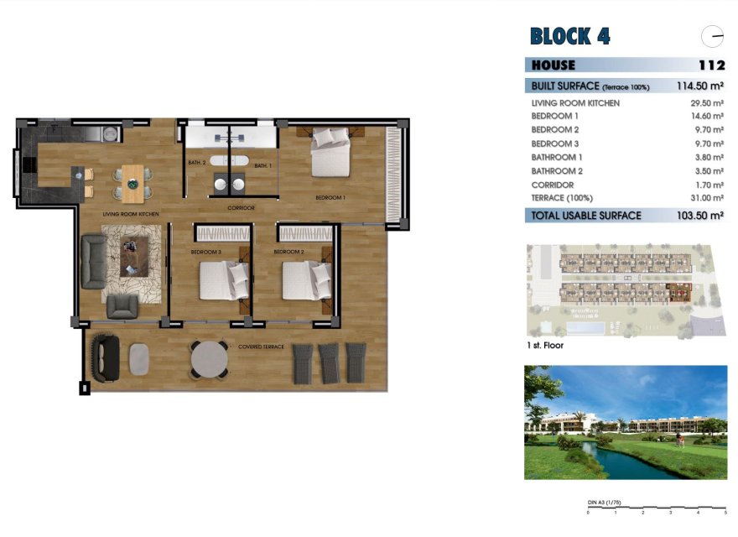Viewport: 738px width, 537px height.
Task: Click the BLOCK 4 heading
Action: pyautogui.click(x=569, y=36)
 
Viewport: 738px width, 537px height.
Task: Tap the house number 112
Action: pyautogui.click(x=710, y=65)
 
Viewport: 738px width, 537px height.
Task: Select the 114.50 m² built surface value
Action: pyautogui.click(x=699, y=86)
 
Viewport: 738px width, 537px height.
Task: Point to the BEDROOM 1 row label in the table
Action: pyautogui.click(x=555, y=116)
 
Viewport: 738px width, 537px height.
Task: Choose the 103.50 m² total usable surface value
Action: pyautogui.click(x=699, y=216)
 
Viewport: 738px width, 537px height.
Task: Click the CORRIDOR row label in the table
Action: pyautogui.click(x=553, y=185)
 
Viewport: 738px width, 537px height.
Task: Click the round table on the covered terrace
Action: pyautogui.click(x=209, y=358)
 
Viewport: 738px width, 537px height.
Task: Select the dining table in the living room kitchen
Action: pyautogui.click(x=133, y=185)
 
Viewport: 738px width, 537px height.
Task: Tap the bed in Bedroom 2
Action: pyautogui.click(x=306, y=280)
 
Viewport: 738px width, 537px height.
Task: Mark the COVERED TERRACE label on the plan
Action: pyautogui.click(x=261, y=346)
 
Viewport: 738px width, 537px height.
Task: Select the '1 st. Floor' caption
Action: pyautogui.click(x=544, y=345)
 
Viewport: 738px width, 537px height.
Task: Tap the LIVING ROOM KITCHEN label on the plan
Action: pyautogui.click(x=131, y=215)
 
